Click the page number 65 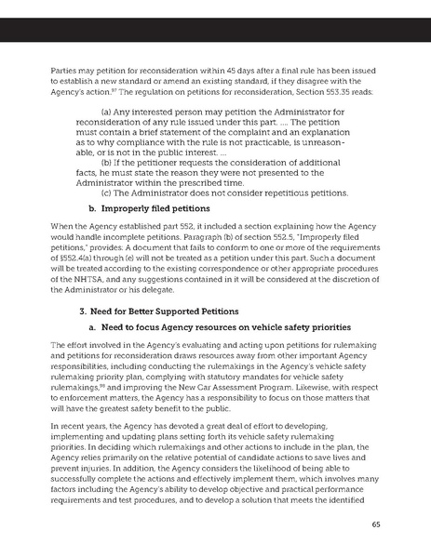(x=401, y=523)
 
